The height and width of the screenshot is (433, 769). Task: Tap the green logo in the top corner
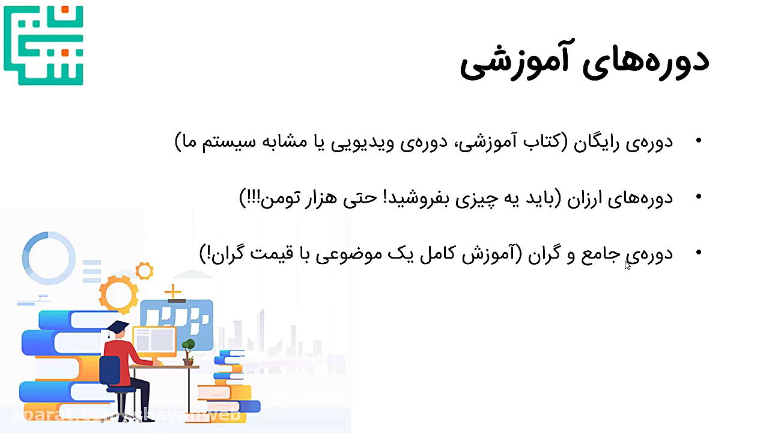point(43,45)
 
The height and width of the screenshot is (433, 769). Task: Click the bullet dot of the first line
point(698,141)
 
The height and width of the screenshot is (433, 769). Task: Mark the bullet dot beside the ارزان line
point(698,197)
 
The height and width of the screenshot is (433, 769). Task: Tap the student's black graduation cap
point(118,328)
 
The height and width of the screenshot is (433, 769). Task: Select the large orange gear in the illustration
point(118,293)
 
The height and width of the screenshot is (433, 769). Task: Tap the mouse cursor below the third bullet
point(627,265)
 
